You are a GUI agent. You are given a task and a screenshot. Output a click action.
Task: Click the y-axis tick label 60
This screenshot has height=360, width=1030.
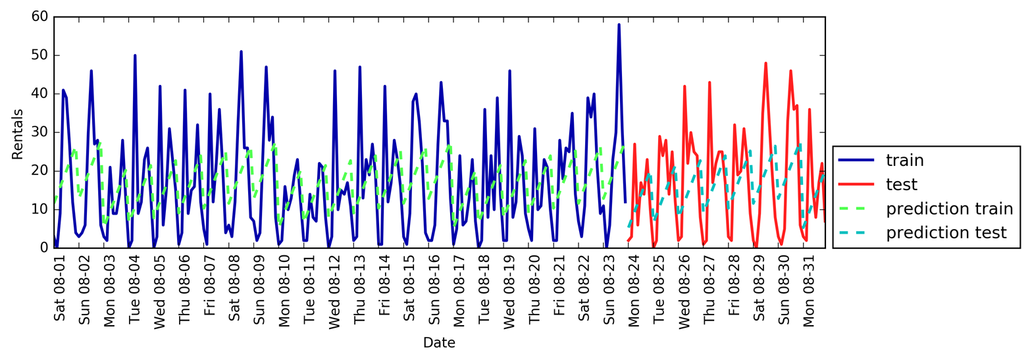(x=39, y=16)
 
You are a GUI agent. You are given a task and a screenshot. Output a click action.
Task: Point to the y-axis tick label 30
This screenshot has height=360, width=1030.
(x=39, y=132)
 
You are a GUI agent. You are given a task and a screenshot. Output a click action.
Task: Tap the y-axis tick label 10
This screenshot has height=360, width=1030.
(x=39, y=209)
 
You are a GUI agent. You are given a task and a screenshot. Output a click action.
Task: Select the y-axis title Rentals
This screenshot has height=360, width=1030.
(x=18, y=134)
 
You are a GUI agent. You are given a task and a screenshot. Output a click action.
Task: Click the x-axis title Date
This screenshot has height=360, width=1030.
(x=439, y=342)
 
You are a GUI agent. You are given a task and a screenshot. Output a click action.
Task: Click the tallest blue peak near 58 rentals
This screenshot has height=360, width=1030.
(x=619, y=25)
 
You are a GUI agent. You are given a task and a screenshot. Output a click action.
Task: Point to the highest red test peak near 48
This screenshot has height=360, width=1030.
(x=765, y=63)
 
